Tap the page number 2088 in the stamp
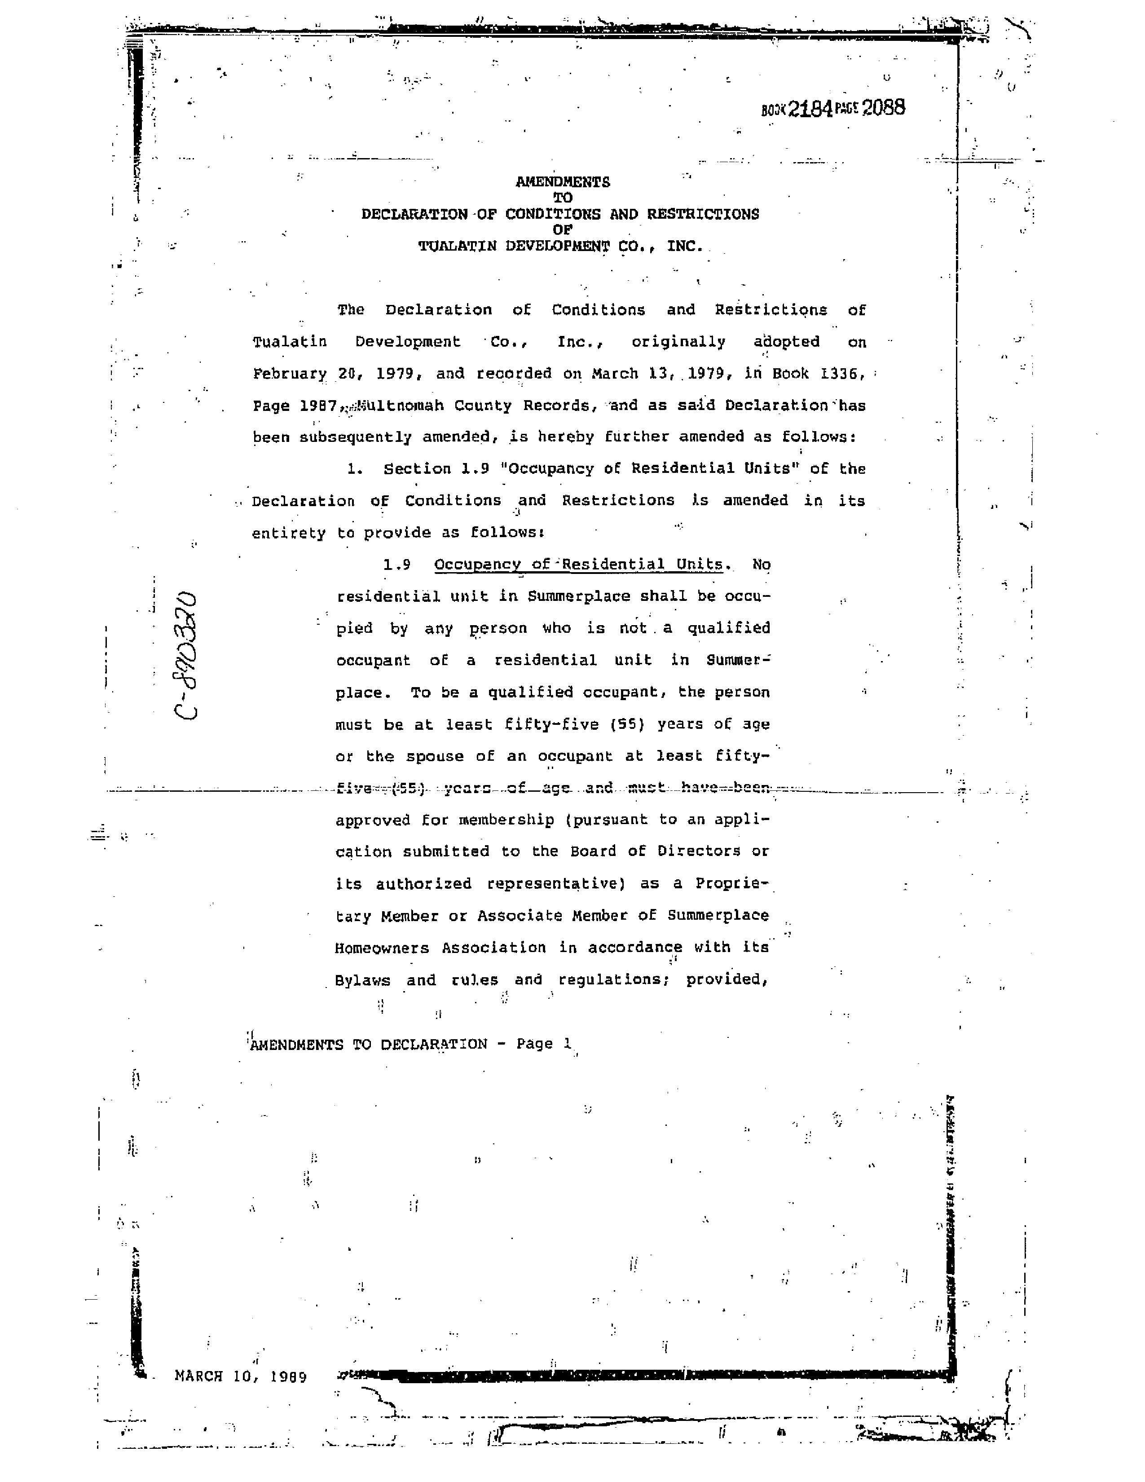point(883,108)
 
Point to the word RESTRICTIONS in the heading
point(703,214)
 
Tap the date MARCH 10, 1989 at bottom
point(241,1376)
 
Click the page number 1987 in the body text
point(318,406)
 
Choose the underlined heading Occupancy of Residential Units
point(579,565)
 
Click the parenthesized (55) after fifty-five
point(623,724)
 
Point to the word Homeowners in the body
point(382,948)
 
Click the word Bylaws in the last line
point(363,980)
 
